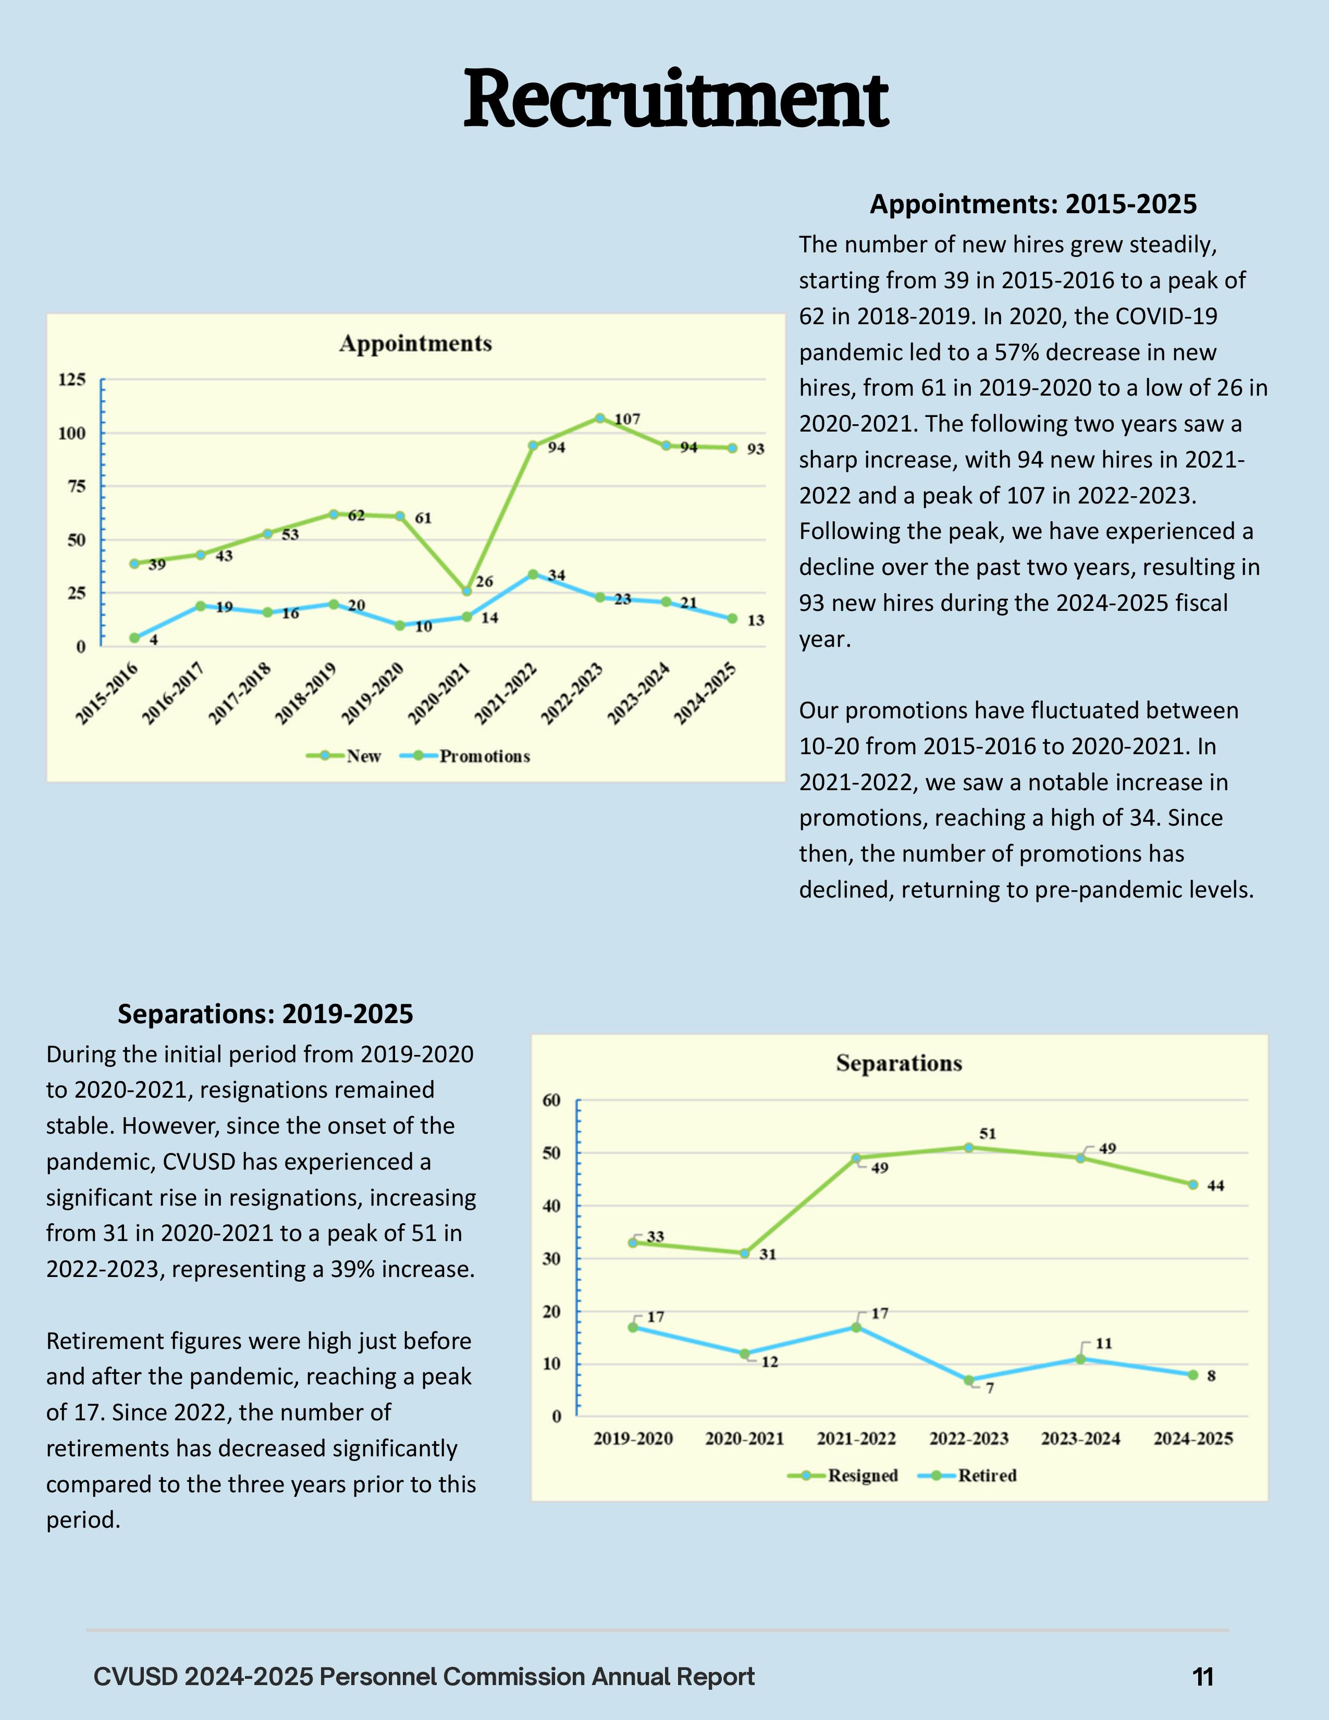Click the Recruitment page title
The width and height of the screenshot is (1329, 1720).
(x=675, y=100)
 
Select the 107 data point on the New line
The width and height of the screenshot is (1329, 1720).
(x=600, y=418)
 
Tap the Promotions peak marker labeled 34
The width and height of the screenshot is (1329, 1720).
(x=533, y=574)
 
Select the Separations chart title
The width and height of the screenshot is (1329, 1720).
(x=899, y=1063)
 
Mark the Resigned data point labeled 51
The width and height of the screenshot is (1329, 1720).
(x=968, y=1148)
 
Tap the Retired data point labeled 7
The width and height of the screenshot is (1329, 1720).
(x=968, y=1380)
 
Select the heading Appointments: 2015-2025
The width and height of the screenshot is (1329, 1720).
(x=1033, y=204)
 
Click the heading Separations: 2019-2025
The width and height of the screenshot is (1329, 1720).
(x=265, y=1014)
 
